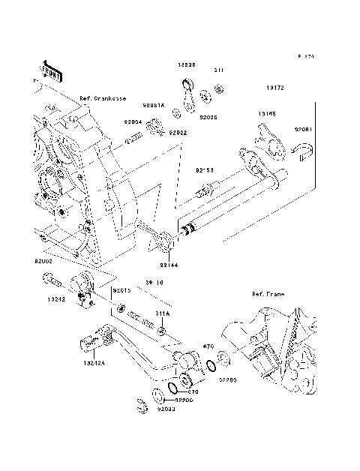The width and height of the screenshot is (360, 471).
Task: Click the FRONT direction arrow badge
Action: click(51, 70)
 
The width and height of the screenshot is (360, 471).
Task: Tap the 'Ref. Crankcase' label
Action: click(103, 98)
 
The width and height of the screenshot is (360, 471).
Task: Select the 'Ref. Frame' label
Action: click(268, 295)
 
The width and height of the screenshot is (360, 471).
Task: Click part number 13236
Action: click(187, 65)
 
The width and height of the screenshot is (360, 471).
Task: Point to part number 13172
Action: click(274, 88)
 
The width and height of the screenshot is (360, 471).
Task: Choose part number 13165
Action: click(267, 114)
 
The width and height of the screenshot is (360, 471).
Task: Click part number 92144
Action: click(169, 265)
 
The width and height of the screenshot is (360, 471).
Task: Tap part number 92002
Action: click(43, 262)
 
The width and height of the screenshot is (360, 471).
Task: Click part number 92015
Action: click(121, 289)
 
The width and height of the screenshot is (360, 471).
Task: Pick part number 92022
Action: click(178, 133)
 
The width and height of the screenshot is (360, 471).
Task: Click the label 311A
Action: click(163, 313)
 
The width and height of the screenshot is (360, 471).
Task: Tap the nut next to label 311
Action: click(220, 90)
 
